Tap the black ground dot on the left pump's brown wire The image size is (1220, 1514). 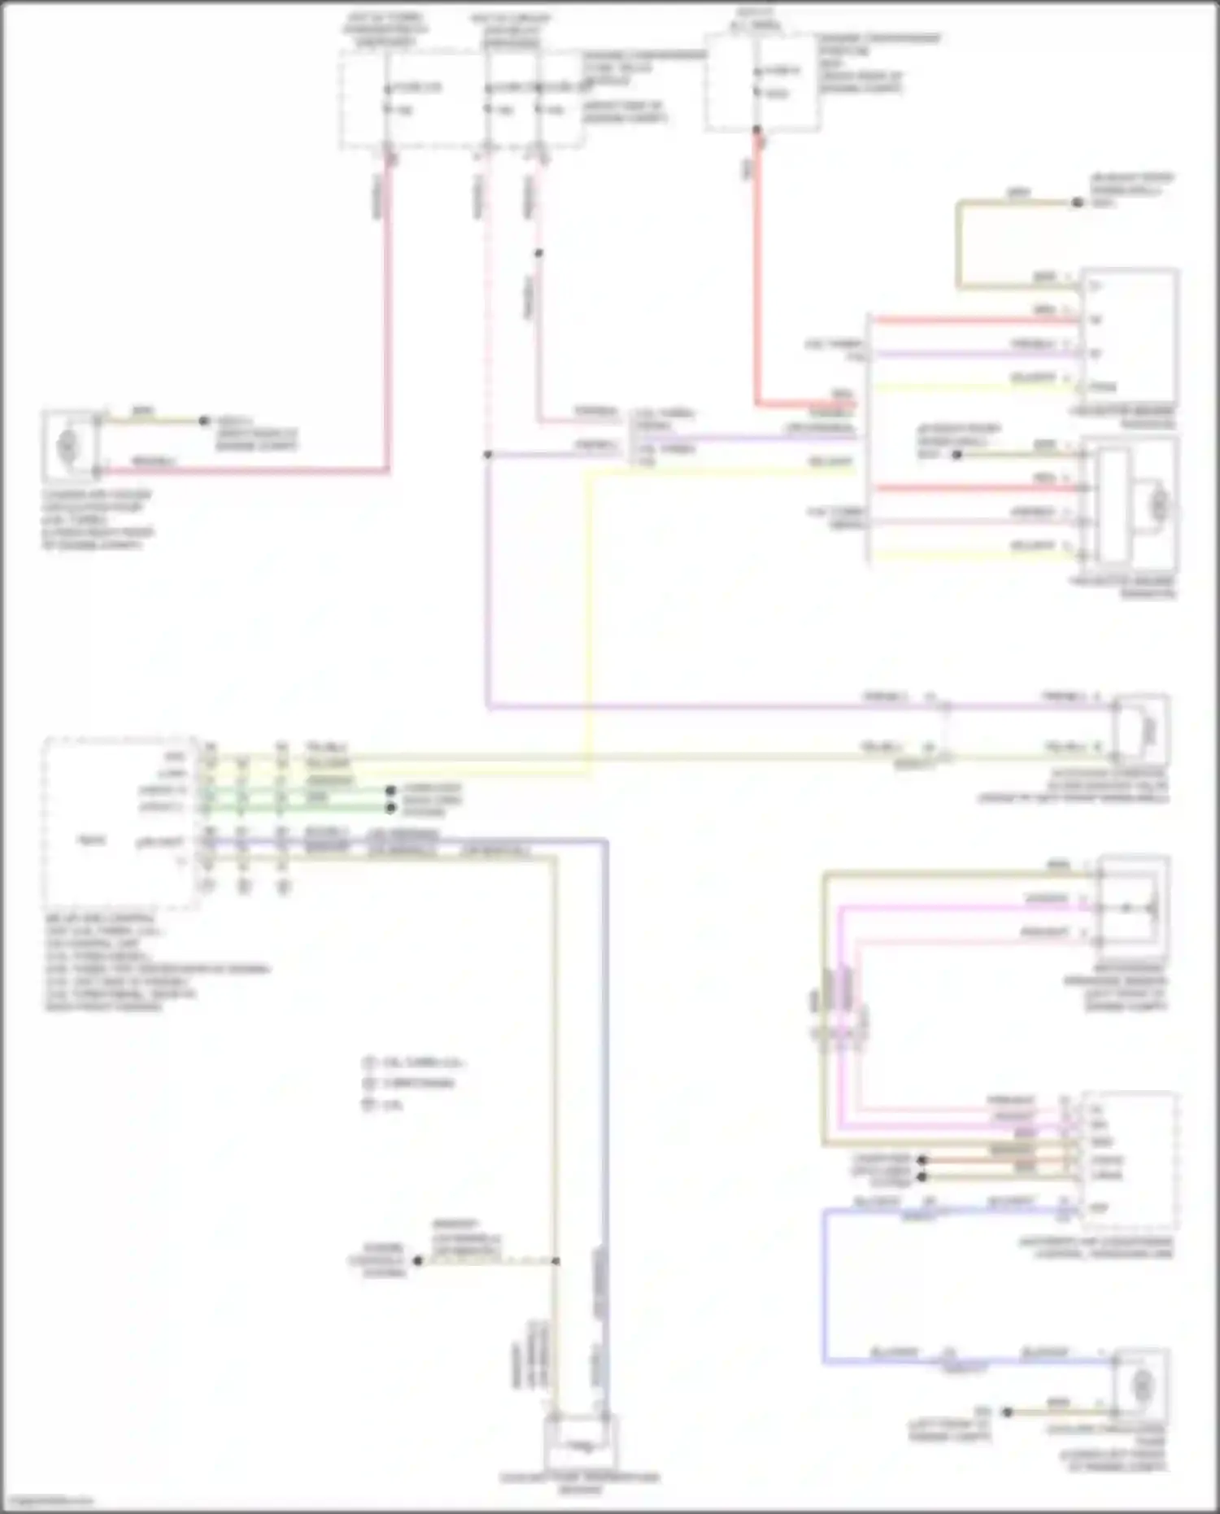[204, 421]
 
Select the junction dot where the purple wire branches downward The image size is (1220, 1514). [488, 455]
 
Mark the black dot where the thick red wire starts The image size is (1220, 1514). [756, 130]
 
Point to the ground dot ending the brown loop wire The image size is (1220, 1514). [1077, 203]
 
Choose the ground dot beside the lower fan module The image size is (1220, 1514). [956, 455]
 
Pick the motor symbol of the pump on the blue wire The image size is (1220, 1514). [1143, 1383]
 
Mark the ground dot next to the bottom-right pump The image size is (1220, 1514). [1007, 1412]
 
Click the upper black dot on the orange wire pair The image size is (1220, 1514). [922, 1160]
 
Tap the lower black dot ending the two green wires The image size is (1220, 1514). [390, 808]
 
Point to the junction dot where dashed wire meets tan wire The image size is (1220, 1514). [556, 1261]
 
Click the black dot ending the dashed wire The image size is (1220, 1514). [418, 1261]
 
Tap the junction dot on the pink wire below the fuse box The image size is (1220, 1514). [538, 253]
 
